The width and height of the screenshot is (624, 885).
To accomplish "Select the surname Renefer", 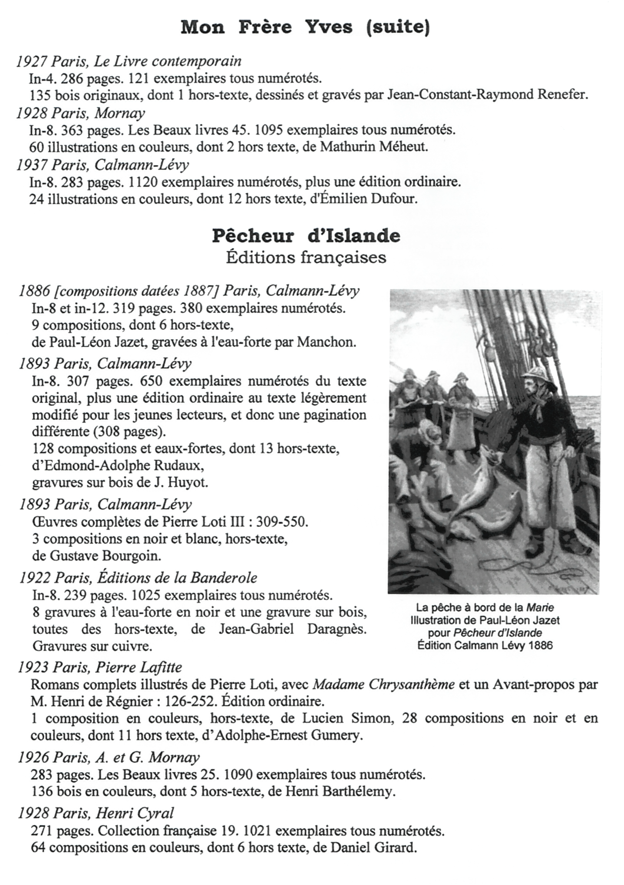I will [x=562, y=95].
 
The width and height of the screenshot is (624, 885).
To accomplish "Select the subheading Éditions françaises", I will [x=306, y=257].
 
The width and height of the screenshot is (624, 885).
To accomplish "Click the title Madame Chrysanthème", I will [x=384, y=684].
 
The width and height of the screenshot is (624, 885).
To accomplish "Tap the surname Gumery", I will [x=338, y=735].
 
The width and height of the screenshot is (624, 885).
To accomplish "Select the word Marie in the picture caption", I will [x=540, y=607].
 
